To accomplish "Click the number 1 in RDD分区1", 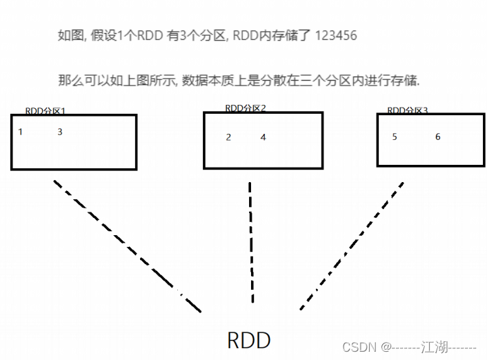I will click(20, 132).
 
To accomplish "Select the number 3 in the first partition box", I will click(60, 132).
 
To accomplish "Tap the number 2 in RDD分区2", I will click(228, 137).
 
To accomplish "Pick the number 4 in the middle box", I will click(263, 137).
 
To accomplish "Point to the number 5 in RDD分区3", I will click(395, 137).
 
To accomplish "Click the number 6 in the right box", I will click(437, 137).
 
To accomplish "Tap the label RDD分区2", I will click(246, 108).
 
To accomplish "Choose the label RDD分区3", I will click(407, 110).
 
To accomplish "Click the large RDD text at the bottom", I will click(249, 340).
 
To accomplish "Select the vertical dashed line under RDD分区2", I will click(251, 241).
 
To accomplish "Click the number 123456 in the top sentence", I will click(335, 36).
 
